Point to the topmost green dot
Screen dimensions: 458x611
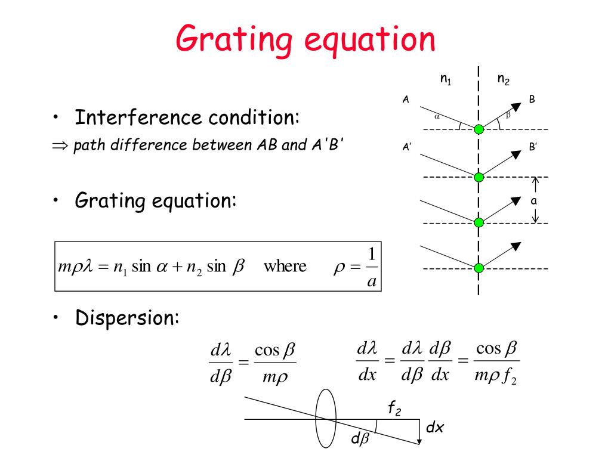479,129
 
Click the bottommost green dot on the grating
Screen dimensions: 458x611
479,268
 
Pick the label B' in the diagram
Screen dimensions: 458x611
533,147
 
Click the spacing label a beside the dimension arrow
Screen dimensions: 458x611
534,201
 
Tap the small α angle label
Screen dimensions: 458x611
437,117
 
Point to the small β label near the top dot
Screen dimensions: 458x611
508,115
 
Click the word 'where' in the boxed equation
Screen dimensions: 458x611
285,266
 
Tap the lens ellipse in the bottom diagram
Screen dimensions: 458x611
326,419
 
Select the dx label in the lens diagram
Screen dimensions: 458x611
436,428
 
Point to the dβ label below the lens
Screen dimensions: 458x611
360,441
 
